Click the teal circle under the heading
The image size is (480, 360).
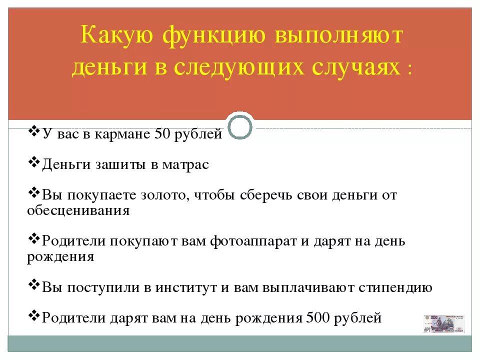240,128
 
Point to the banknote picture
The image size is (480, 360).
444,324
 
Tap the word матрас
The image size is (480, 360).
185,165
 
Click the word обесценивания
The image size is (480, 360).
78,210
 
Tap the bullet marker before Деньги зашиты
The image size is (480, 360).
34,162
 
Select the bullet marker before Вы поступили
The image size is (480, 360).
34,285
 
